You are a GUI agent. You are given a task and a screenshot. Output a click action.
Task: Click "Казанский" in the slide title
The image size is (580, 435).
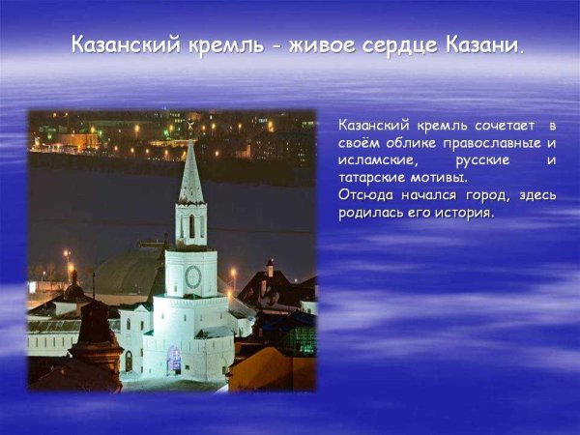[121, 46]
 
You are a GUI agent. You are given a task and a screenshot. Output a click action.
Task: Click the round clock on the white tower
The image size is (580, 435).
[192, 276]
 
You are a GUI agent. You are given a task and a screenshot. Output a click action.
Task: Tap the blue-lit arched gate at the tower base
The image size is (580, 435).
[174, 360]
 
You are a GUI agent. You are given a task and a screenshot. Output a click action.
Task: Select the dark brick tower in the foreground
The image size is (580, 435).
[97, 338]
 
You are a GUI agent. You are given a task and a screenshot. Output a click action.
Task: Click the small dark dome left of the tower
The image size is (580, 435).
[72, 290]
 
